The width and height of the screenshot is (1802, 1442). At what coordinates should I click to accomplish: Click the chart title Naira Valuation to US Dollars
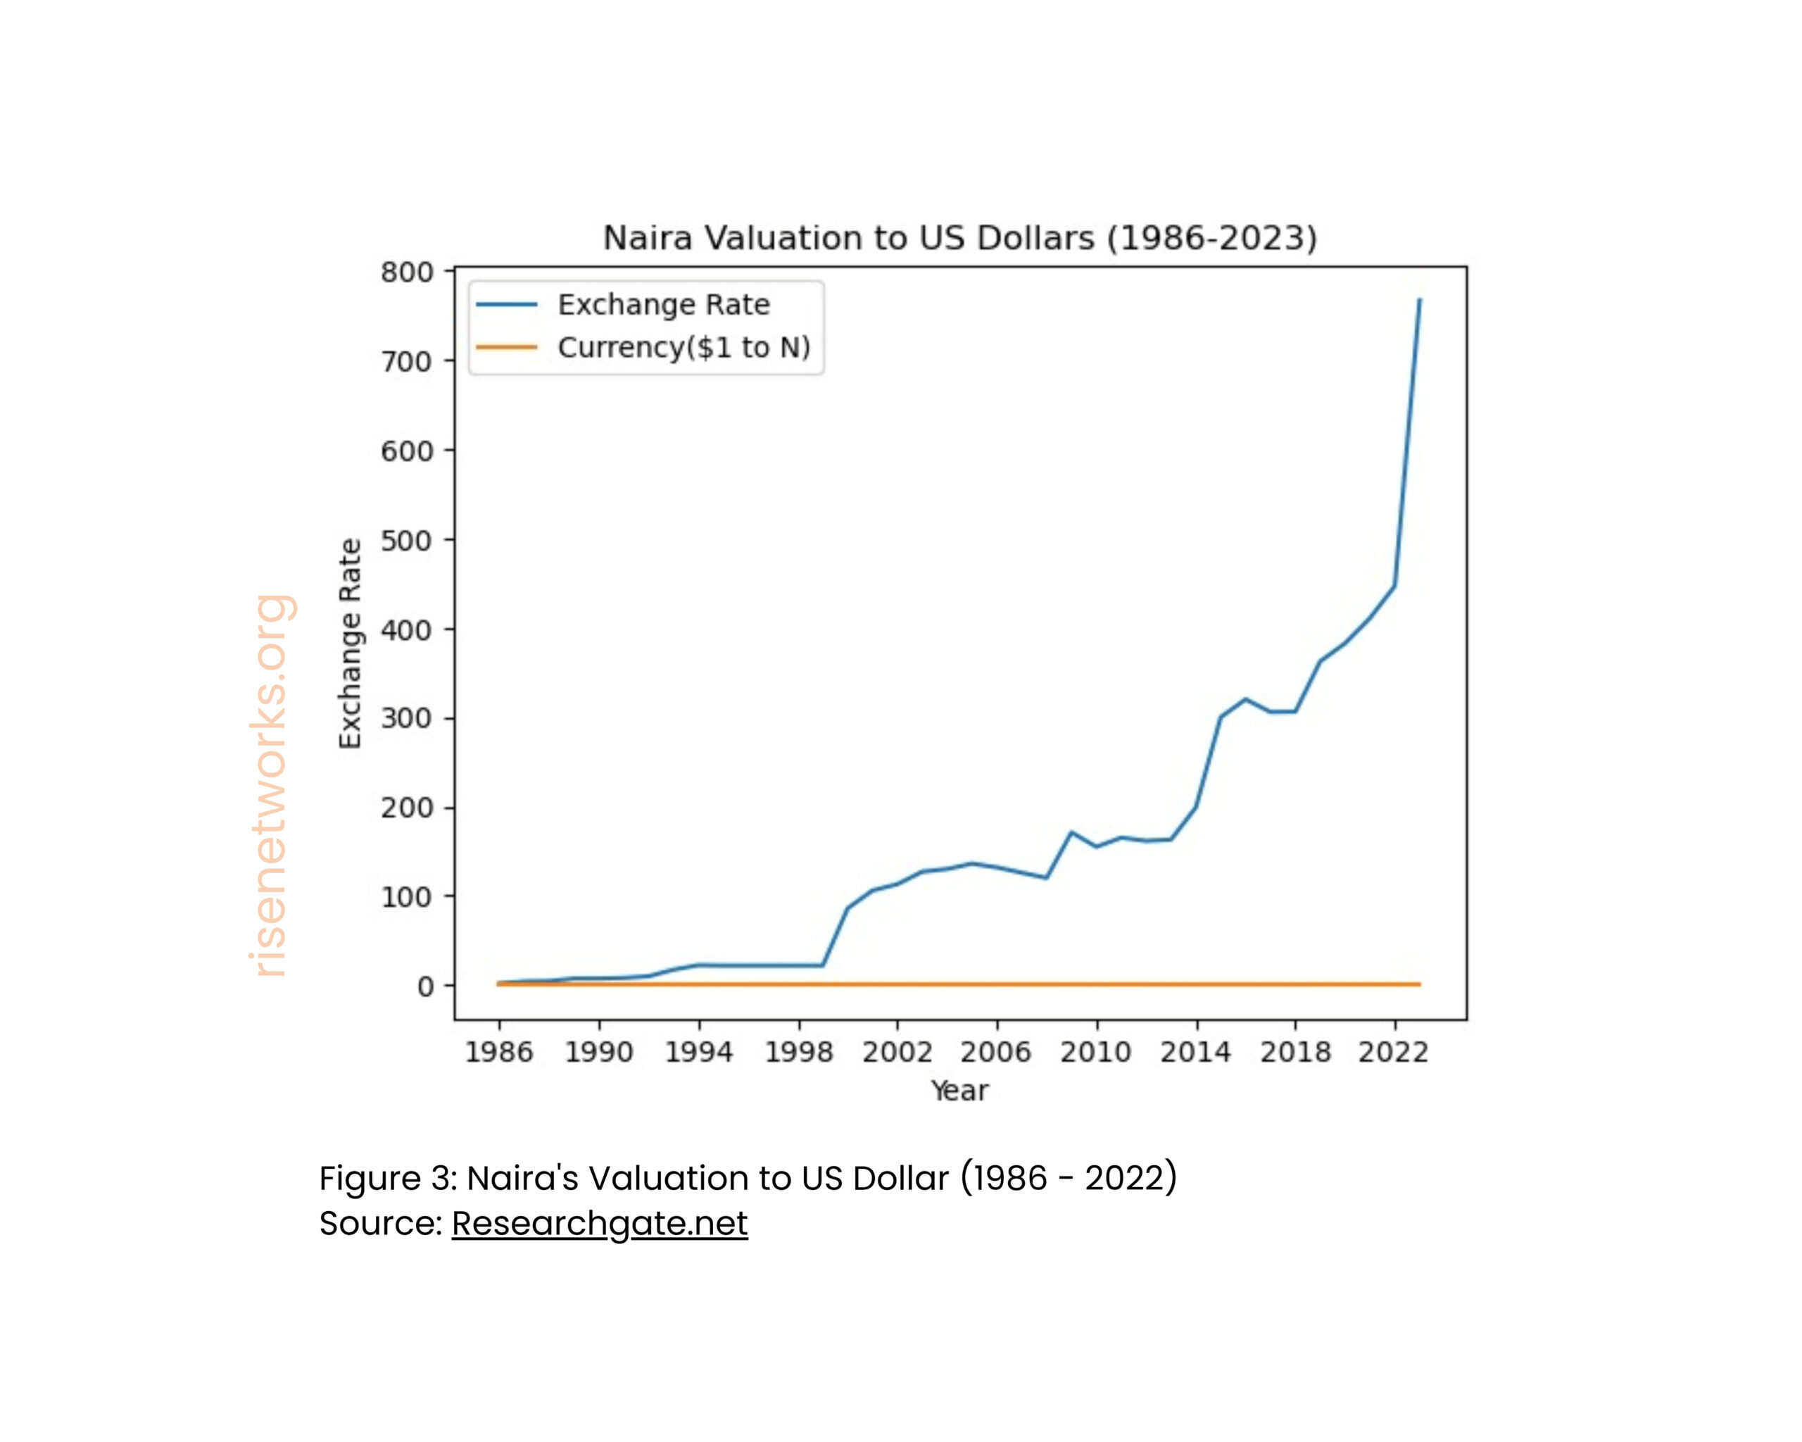(x=959, y=238)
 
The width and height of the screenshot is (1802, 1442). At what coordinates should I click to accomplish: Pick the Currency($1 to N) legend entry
(x=683, y=347)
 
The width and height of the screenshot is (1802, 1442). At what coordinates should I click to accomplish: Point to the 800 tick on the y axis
(x=407, y=272)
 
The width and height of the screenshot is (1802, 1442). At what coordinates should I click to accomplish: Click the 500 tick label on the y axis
(x=407, y=541)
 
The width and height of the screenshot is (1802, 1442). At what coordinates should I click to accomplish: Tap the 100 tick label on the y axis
(x=407, y=898)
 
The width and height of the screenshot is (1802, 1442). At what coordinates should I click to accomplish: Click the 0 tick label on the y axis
(x=425, y=987)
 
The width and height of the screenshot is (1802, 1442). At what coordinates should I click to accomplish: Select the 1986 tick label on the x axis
(x=499, y=1053)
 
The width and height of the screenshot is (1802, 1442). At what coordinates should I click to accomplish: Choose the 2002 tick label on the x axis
(x=897, y=1053)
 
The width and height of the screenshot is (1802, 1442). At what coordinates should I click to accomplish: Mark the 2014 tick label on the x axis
(x=1195, y=1053)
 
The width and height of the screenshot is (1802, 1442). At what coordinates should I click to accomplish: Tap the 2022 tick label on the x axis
(x=1393, y=1053)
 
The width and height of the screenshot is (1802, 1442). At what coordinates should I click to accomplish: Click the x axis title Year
(x=959, y=1091)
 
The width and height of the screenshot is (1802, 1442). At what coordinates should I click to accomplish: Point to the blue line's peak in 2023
(x=1419, y=299)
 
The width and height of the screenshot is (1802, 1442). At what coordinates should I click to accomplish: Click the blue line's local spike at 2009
(x=1071, y=832)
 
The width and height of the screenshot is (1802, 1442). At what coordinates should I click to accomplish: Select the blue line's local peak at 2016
(x=1245, y=699)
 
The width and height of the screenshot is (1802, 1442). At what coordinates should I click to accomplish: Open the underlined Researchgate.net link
(x=599, y=1224)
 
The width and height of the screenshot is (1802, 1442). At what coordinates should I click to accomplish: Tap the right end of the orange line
(x=1418, y=985)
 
